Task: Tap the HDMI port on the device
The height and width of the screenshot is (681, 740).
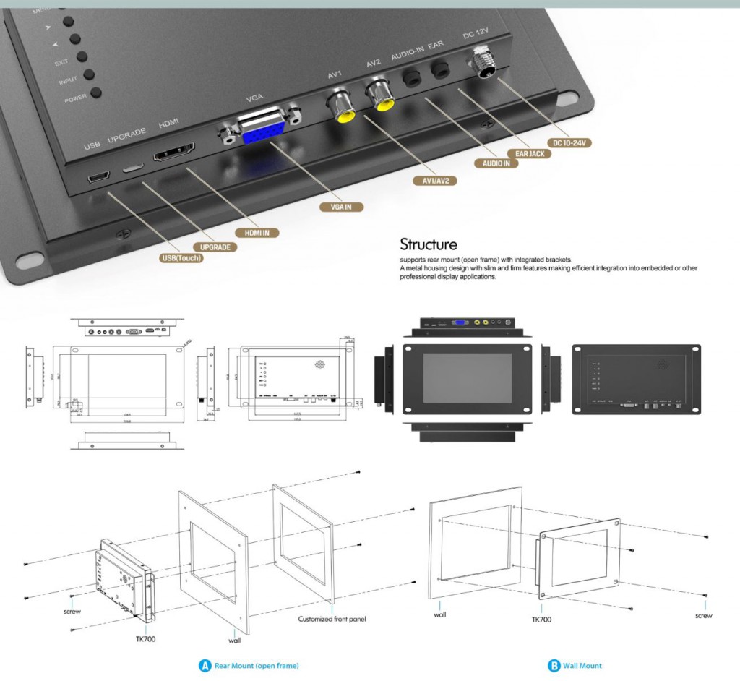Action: (x=173, y=153)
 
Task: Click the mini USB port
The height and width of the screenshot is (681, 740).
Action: (x=98, y=178)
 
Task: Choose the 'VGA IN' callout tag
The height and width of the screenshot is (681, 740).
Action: (x=342, y=207)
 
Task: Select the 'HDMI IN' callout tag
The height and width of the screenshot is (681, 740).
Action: (x=257, y=233)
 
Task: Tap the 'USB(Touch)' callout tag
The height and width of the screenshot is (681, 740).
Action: (x=181, y=258)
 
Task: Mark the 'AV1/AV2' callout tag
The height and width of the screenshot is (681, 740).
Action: (x=434, y=180)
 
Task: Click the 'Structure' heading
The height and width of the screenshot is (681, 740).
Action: (x=429, y=244)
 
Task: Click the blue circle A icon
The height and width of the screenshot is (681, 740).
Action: (x=205, y=665)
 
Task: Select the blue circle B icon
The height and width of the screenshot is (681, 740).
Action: (x=554, y=665)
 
